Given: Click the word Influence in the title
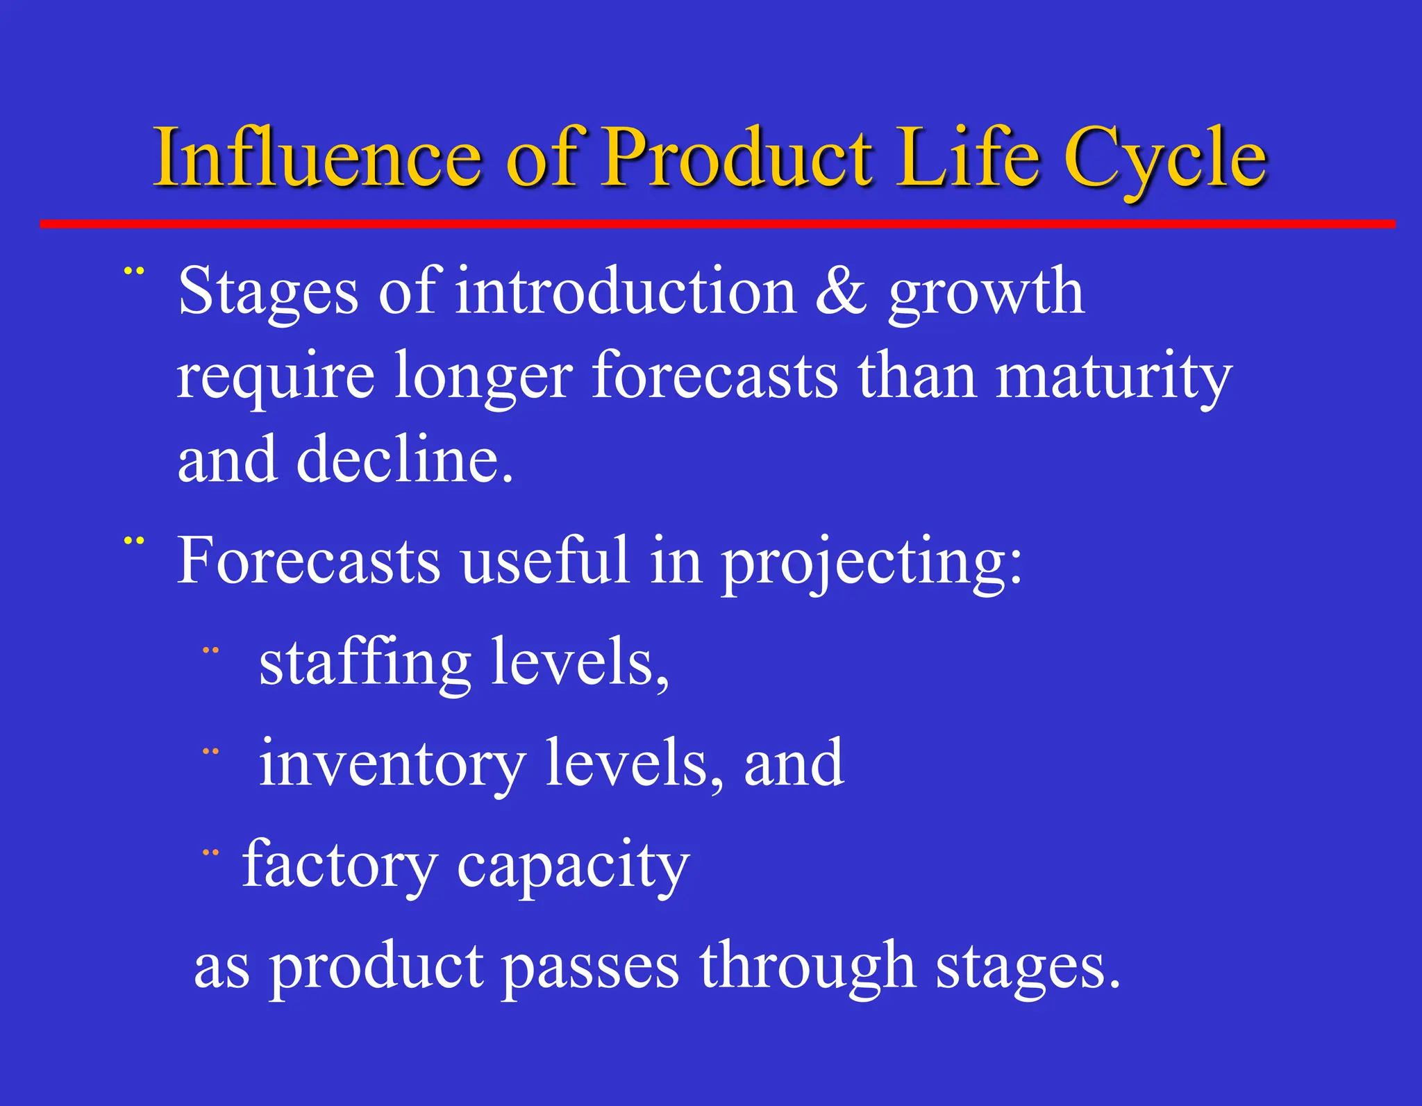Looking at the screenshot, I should [317, 158].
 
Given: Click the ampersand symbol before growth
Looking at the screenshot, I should [841, 292].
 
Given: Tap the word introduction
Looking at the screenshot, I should [625, 292].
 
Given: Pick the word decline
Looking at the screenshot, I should [405, 460].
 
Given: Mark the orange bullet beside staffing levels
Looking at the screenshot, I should [210, 651].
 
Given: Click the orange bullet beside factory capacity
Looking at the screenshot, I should [210, 853].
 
